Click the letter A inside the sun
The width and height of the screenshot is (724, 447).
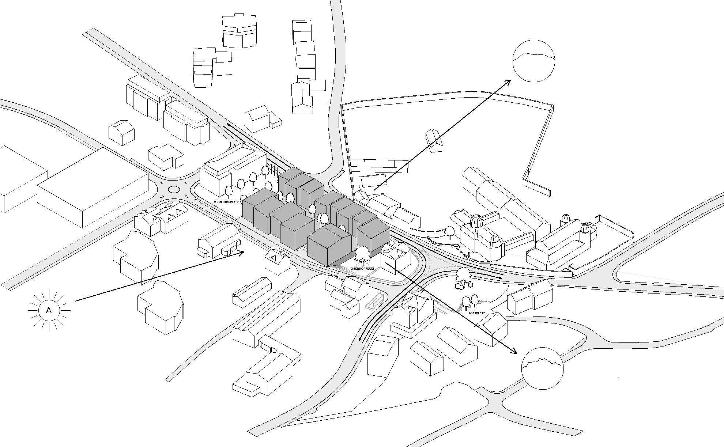tap(49, 311)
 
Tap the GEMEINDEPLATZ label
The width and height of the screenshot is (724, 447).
tap(226, 202)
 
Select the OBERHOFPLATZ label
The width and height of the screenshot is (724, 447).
tap(362, 269)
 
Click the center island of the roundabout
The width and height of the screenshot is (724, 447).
tap(174, 189)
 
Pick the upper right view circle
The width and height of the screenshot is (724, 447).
tap(534, 61)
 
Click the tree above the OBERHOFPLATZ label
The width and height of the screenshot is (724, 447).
tap(362, 254)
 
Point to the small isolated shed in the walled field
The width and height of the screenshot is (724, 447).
tap(434, 140)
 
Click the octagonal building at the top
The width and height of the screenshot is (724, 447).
tap(240, 31)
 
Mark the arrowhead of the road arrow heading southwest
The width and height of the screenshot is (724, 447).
tap(361, 339)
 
